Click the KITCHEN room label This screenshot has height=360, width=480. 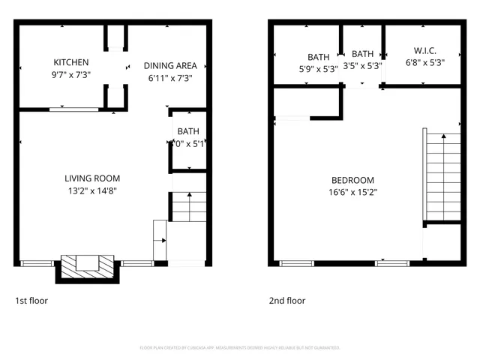[71, 62]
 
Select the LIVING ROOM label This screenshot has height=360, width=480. [92, 178]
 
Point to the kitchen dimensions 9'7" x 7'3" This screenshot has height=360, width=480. [71, 76]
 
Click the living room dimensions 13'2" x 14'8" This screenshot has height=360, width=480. [92, 191]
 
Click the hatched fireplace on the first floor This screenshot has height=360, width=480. [87, 265]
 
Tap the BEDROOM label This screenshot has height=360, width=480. [352, 180]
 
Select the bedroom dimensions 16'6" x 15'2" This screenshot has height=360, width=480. [352, 193]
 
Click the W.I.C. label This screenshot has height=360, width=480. [425, 51]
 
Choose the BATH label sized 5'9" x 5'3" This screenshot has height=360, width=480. [318, 57]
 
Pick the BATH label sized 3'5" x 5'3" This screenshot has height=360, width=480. [362, 54]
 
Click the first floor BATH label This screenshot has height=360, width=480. [187, 132]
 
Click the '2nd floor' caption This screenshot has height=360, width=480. [287, 301]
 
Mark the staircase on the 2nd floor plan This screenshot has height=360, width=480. [442, 176]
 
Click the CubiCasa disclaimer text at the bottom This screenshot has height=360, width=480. [240, 348]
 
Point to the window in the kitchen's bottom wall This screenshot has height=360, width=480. [73, 110]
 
